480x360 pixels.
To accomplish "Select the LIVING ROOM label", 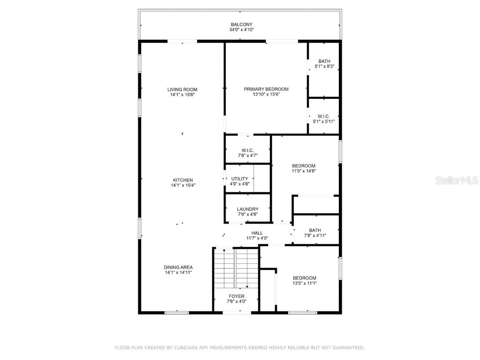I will click(182, 90).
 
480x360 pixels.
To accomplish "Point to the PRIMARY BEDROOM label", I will click(266, 89).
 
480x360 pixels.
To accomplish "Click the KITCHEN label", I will click(182, 180).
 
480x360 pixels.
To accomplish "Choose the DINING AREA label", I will click(178, 267).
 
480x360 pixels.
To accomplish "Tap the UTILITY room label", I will click(240, 179).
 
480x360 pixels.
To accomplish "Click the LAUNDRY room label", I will click(247, 209).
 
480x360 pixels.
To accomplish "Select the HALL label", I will click(257, 233).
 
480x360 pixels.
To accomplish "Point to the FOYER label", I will click(236, 296).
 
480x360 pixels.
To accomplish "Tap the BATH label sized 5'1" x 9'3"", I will click(324, 61).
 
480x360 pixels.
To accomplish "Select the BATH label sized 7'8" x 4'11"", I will click(315, 230).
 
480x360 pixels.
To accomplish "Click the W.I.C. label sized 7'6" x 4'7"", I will click(247, 150).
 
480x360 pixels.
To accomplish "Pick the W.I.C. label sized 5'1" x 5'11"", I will click(323, 116).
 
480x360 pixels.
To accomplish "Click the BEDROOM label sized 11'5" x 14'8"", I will click(304, 165).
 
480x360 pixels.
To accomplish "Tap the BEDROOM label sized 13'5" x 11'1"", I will click(304, 277).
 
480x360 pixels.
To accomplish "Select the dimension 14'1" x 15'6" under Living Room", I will click(182, 95).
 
